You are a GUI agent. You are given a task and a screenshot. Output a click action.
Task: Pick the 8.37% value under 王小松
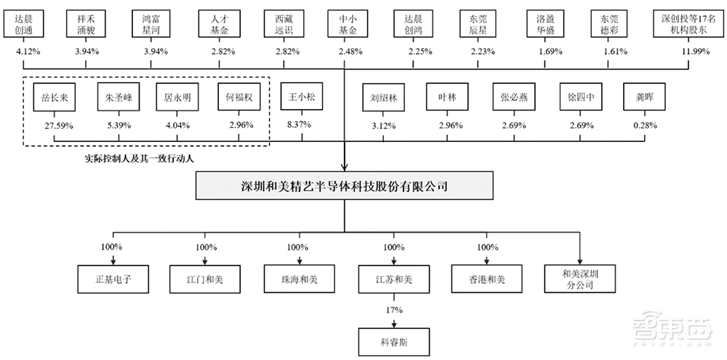300,124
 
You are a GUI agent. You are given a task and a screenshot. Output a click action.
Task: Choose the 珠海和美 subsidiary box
300,278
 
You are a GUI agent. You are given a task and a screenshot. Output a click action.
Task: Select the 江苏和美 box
393,278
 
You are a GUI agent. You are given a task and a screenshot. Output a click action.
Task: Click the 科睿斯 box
393,340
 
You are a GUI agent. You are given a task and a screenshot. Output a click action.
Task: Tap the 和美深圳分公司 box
579,278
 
